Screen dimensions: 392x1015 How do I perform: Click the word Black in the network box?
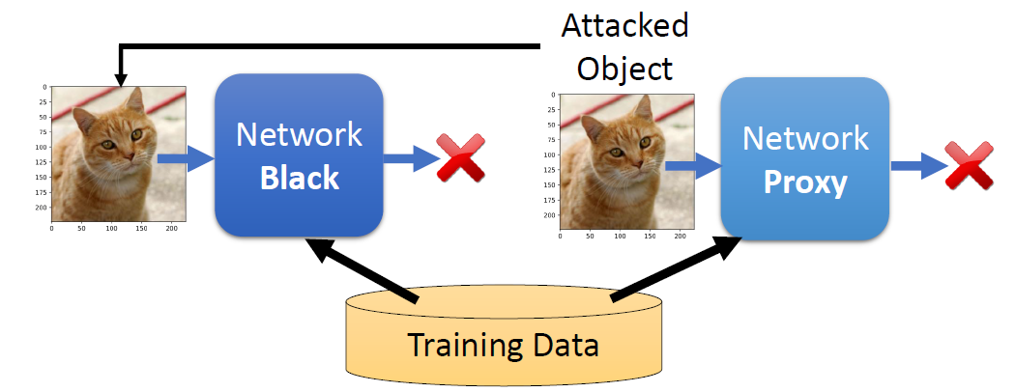click(300, 177)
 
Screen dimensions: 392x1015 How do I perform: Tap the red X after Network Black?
click(460, 158)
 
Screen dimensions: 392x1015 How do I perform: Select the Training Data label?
click(504, 345)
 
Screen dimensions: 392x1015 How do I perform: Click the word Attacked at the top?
click(625, 26)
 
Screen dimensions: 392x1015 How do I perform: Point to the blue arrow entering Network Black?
click(186, 157)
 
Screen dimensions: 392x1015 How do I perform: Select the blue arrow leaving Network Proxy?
click(917, 165)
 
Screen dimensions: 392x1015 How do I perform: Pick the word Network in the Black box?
click(300, 134)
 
